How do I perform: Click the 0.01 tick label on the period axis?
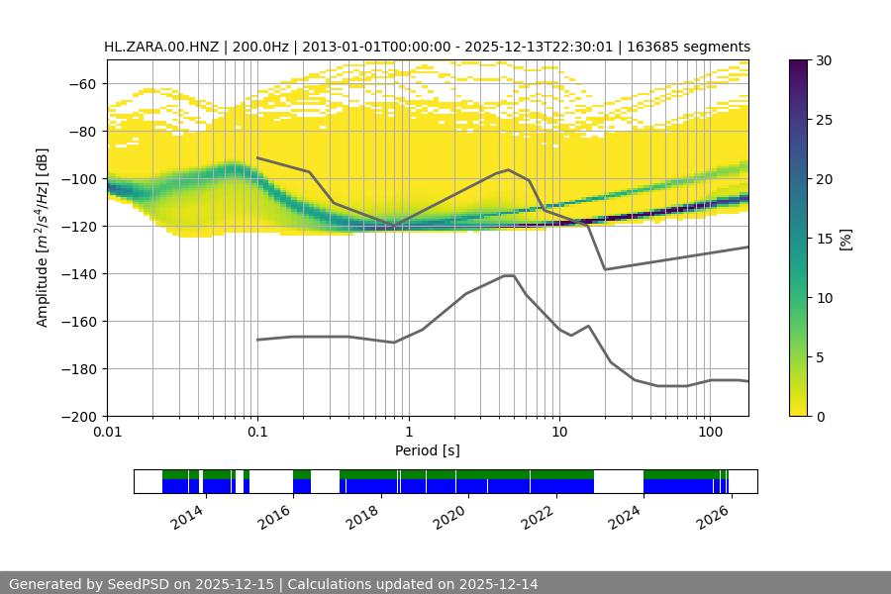107,433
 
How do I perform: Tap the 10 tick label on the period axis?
559,433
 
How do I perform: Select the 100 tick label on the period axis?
710,433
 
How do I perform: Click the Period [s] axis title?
427,450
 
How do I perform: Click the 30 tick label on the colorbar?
824,60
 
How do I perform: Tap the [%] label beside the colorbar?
845,239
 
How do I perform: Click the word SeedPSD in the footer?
138,584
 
